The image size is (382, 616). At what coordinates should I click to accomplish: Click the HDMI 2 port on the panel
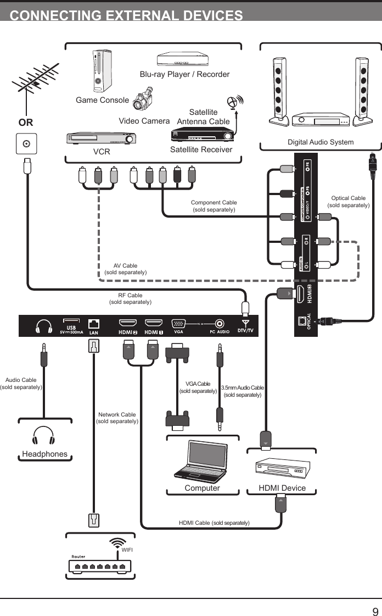click(128, 323)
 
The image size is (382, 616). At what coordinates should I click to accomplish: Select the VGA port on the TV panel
click(178, 323)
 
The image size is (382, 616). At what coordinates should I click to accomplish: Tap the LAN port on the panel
click(94, 323)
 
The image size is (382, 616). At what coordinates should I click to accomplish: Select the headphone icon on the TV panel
click(44, 326)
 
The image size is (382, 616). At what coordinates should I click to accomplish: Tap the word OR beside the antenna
click(26, 123)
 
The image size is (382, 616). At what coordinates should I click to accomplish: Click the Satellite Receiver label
click(201, 149)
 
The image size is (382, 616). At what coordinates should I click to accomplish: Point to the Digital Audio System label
click(321, 142)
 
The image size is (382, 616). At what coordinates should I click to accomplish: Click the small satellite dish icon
click(234, 102)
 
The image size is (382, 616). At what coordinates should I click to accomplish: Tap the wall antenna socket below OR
click(26, 145)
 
